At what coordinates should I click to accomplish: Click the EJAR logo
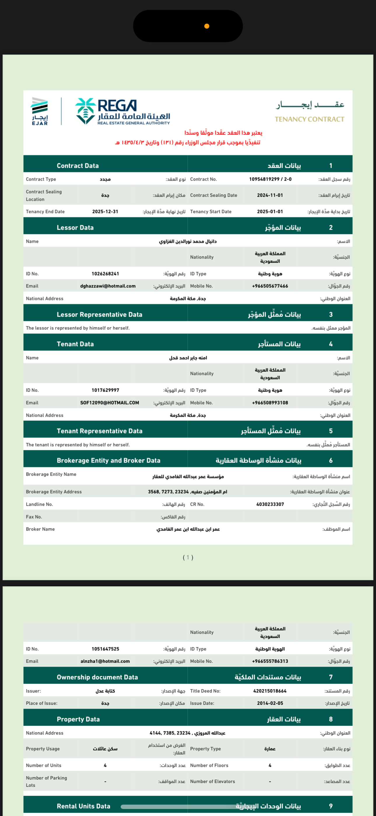click(40, 111)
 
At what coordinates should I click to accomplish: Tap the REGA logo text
click(117, 106)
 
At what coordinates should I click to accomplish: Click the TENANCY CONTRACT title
click(309, 119)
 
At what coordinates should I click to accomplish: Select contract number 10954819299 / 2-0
click(270, 179)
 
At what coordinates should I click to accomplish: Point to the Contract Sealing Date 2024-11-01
click(270, 196)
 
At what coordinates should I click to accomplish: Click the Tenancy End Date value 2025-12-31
click(105, 212)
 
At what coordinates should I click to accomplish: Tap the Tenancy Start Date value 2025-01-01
click(270, 212)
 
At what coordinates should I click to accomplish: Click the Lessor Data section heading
click(75, 227)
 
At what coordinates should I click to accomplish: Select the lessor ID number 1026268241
click(105, 274)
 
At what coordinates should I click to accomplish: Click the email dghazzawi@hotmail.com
click(108, 286)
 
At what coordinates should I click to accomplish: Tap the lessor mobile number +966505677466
click(270, 286)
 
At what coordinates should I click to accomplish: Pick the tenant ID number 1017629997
click(105, 390)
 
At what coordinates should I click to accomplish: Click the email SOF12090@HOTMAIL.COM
click(110, 403)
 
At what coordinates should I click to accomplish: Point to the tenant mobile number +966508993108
click(270, 403)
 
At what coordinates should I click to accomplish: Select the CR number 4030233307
click(270, 504)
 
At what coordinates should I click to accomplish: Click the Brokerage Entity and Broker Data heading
click(108, 461)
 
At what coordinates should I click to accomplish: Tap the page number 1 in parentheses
click(188, 557)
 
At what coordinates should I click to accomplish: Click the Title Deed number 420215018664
click(270, 691)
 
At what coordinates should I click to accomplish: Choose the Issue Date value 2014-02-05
click(270, 703)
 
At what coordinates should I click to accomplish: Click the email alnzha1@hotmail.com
click(105, 661)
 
